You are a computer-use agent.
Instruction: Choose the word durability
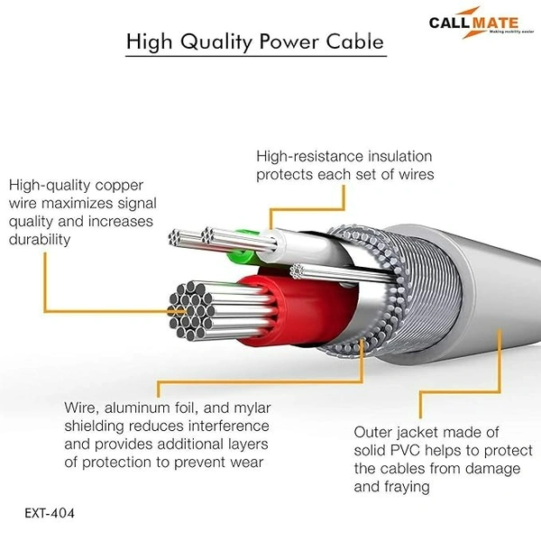41,240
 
